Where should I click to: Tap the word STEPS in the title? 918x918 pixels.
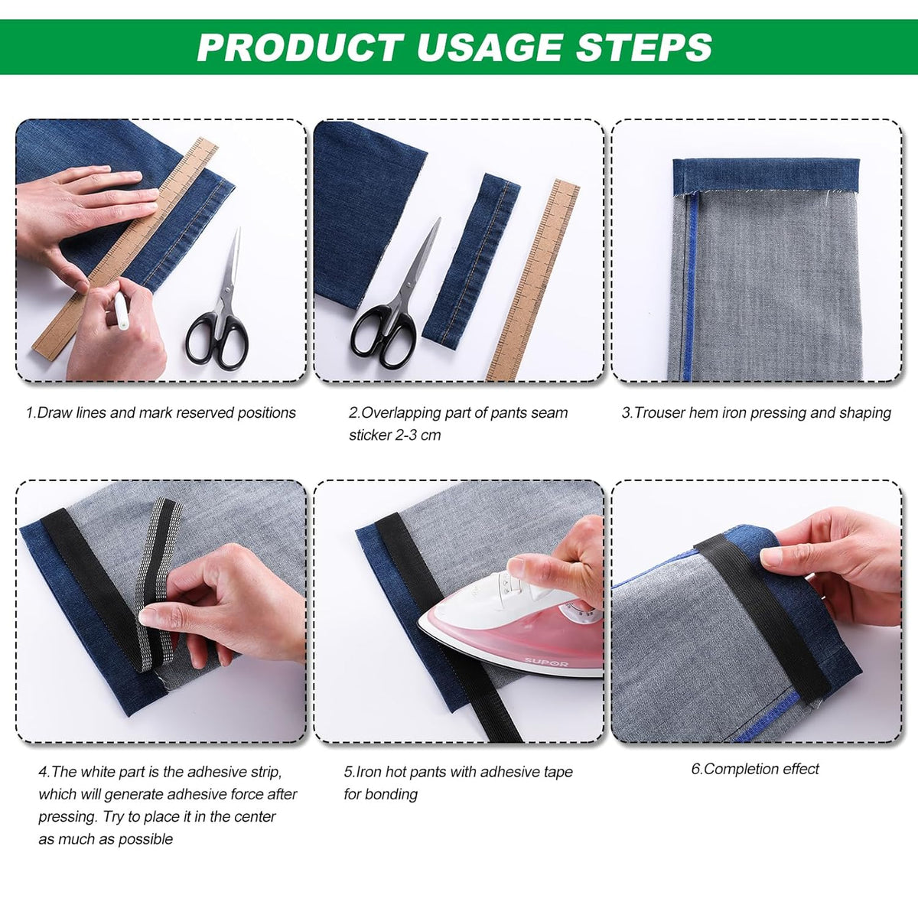coord(644,47)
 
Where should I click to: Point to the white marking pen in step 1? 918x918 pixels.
coord(121,311)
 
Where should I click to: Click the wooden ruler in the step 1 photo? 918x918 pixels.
coord(125,248)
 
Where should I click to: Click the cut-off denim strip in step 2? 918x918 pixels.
coord(470,261)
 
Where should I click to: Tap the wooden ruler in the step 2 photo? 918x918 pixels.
coord(533,280)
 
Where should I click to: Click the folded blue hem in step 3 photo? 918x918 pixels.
coord(766,175)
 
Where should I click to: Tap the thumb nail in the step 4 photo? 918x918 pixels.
coord(145,618)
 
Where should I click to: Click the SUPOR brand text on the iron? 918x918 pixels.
coord(546,662)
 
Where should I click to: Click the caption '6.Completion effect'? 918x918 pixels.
coord(754,768)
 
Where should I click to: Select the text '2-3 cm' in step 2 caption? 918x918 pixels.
coord(418,435)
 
